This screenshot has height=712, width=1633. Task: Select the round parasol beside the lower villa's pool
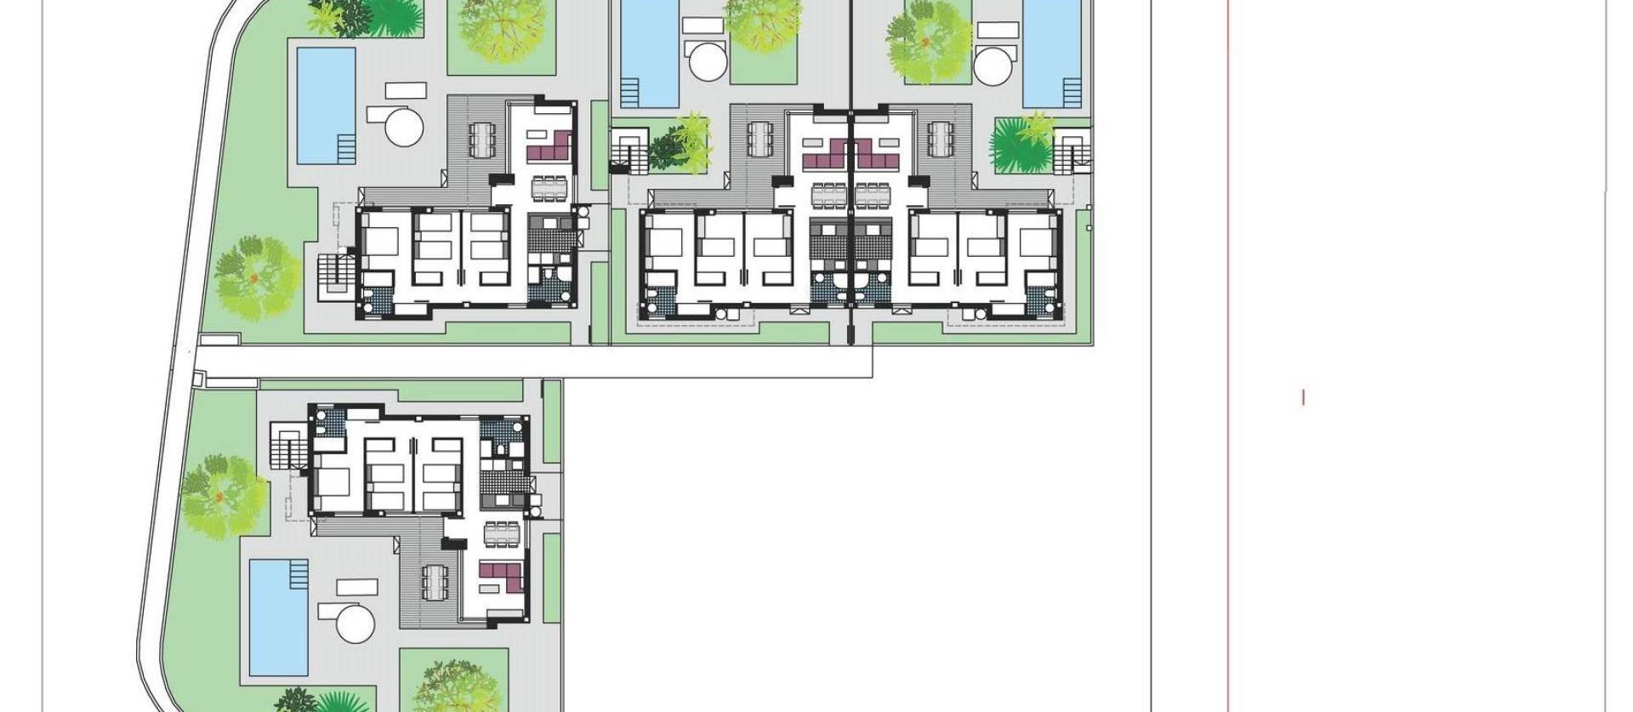[x=356, y=624]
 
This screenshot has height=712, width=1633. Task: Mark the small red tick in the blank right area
[x=1303, y=397]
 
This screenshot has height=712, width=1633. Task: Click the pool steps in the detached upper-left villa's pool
[x=346, y=150]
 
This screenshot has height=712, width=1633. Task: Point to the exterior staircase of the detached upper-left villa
[x=334, y=275]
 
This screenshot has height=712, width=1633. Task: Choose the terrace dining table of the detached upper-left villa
[x=481, y=139]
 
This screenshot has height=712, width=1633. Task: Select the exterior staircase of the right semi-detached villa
[x=1074, y=151]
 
